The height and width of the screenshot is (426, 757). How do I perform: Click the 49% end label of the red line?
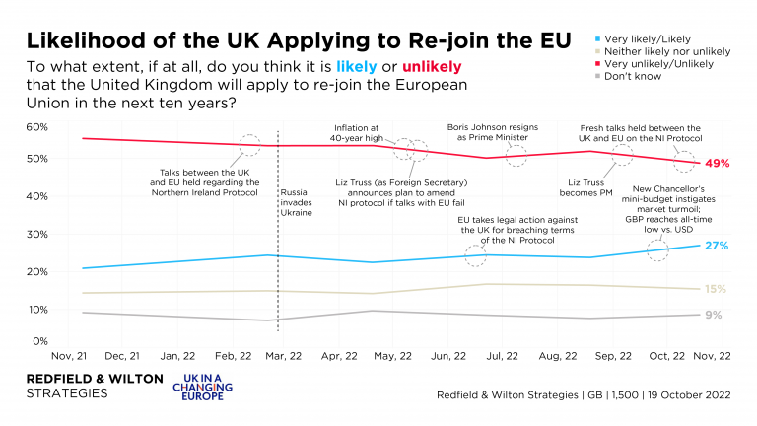717,163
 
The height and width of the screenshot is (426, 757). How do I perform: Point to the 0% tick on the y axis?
38,341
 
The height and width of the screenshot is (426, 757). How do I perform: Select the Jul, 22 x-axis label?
503,356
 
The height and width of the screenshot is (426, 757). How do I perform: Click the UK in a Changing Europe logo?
201,388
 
